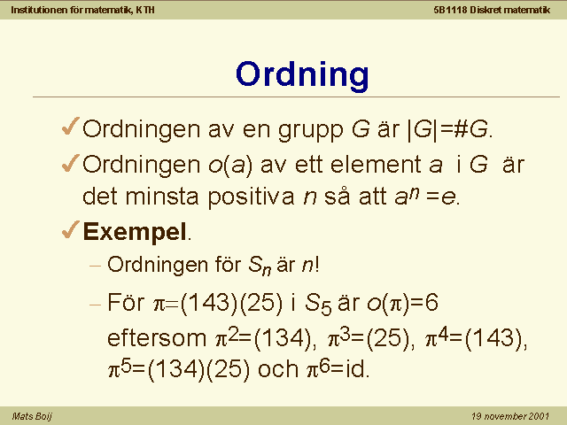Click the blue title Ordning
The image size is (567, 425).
coord(302,75)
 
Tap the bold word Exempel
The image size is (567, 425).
coord(135,232)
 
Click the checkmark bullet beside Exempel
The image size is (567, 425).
coord(70,229)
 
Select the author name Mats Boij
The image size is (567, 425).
coord(32,416)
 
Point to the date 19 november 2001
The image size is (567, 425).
coord(510,416)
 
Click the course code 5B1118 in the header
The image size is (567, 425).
coord(450,10)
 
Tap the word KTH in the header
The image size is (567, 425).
coord(145,10)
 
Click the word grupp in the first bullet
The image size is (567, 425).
coord(311,130)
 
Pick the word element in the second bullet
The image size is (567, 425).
coord(376,165)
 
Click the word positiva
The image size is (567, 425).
coord(251,197)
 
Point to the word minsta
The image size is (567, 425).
coord(162,197)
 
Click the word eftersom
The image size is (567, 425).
coord(157,338)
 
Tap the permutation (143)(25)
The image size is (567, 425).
coord(231,303)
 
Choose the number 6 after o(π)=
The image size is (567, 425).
coord(431,302)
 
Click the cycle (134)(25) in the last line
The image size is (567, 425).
coord(198,370)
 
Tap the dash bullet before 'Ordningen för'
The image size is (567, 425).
coord(95,267)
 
